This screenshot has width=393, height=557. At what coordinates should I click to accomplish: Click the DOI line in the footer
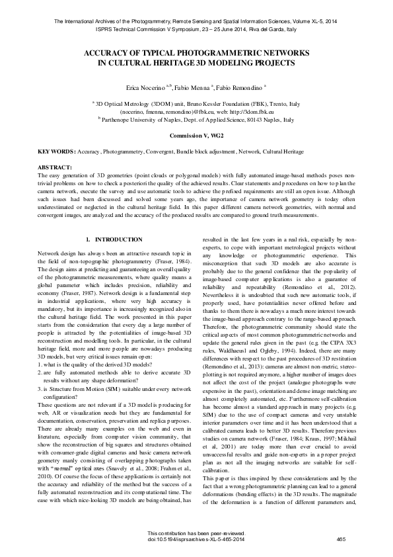pyautogui.click(x=196, y=540)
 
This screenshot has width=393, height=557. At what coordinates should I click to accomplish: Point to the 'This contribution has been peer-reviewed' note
pyautogui.click(x=196, y=533)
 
